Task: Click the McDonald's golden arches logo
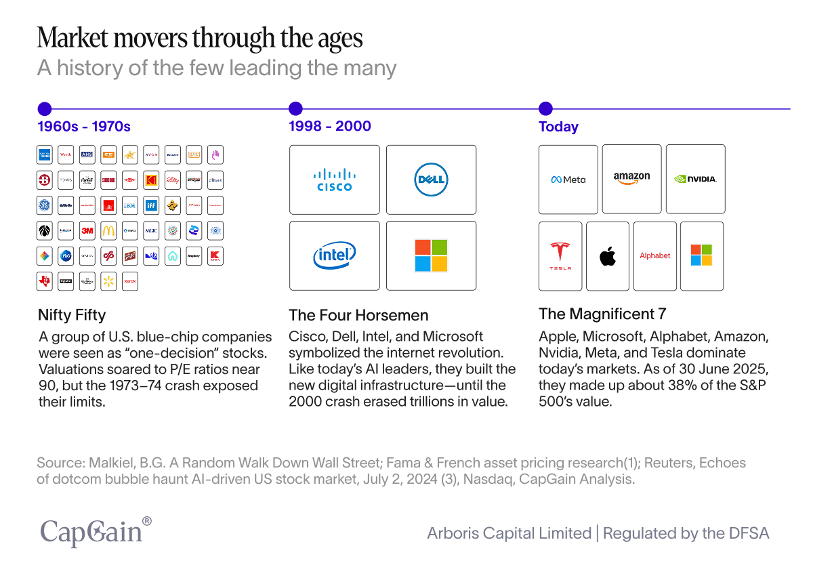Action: tap(108, 230)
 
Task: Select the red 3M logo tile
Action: tap(87, 230)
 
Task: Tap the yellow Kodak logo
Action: tap(151, 180)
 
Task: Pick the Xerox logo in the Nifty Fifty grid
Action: tap(130, 281)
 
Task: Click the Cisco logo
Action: tap(335, 180)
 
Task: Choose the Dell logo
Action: tap(431, 180)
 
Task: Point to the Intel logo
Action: tap(335, 255)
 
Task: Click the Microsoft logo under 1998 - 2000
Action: tap(431, 255)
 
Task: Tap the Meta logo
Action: tap(568, 180)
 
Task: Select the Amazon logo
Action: tap(631, 179)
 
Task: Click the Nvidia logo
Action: tap(695, 180)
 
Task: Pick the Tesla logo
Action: tap(560, 256)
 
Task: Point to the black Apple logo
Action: tap(608, 256)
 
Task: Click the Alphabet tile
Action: tap(655, 256)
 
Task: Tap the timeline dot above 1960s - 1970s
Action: tap(45, 108)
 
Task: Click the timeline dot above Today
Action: tap(545, 108)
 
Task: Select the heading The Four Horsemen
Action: tap(358, 315)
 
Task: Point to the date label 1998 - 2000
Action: tap(330, 126)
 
